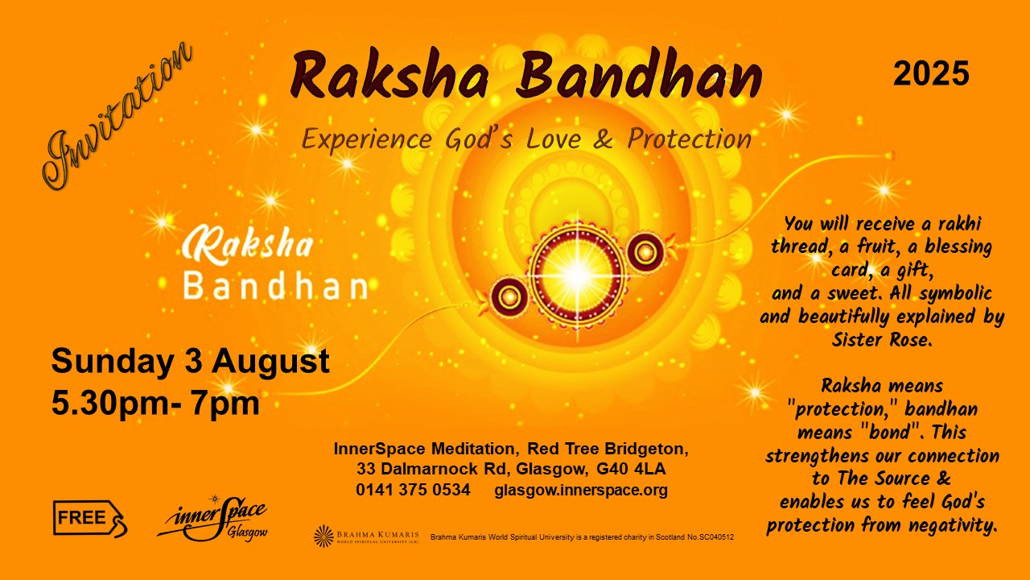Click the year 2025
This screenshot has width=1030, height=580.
coord(931,73)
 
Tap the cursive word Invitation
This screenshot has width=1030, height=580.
coord(117,115)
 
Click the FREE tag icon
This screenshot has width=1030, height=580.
coord(90,519)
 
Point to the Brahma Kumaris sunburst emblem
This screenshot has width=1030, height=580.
coord(323,536)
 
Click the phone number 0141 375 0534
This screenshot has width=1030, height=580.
coord(413,490)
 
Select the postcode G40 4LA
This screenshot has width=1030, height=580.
coord(631,469)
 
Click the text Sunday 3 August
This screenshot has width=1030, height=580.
coord(191,362)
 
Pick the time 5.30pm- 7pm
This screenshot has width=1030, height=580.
coord(155,404)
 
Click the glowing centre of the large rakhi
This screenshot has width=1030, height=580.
coord(577,275)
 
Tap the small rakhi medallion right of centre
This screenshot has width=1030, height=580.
coord(645,252)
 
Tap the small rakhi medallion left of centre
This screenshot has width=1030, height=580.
coord(509,297)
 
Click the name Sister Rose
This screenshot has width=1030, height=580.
coord(882,340)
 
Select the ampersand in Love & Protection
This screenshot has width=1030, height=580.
coord(603,139)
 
